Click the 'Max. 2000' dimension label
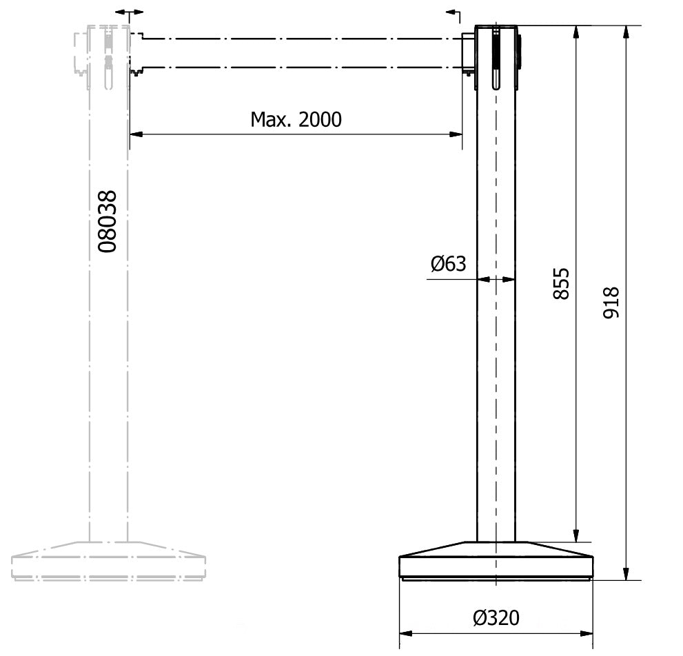coord(296,119)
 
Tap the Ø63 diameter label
coord(448,263)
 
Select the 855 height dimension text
coord(561,284)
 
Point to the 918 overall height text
coord(611,303)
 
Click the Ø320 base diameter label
coord(496,617)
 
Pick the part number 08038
coord(107,221)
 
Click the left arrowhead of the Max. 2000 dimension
coord(136,134)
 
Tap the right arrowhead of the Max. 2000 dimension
coord(456,134)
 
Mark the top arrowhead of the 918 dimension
coord(626,32)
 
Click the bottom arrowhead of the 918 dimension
coord(626,574)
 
